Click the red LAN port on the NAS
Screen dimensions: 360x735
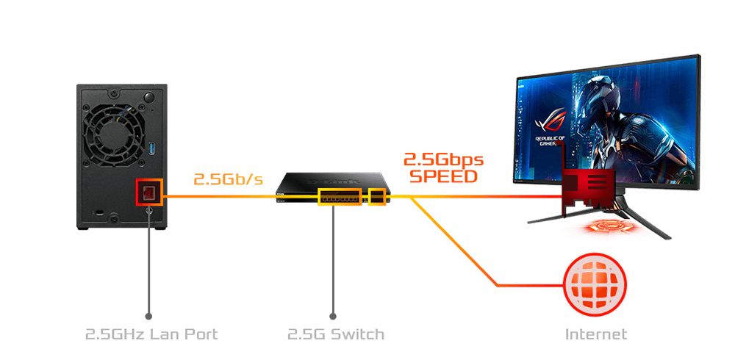pyautogui.click(x=148, y=193)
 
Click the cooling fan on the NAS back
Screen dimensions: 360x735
pyautogui.click(x=115, y=135)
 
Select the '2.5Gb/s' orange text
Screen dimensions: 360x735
pyautogui.click(x=228, y=179)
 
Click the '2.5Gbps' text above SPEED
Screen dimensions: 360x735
pyautogui.click(x=443, y=159)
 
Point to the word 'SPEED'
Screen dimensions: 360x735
pyautogui.click(x=443, y=176)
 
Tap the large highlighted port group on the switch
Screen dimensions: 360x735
pyautogui.click(x=340, y=198)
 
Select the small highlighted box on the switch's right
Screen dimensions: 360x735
pyautogui.click(x=377, y=197)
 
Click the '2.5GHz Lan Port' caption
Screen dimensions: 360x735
pyautogui.click(x=151, y=334)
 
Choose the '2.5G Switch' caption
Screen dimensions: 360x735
pyautogui.click(x=335, y=334)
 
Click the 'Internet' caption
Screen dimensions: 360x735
pyautogui.click(x=596, y=334)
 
